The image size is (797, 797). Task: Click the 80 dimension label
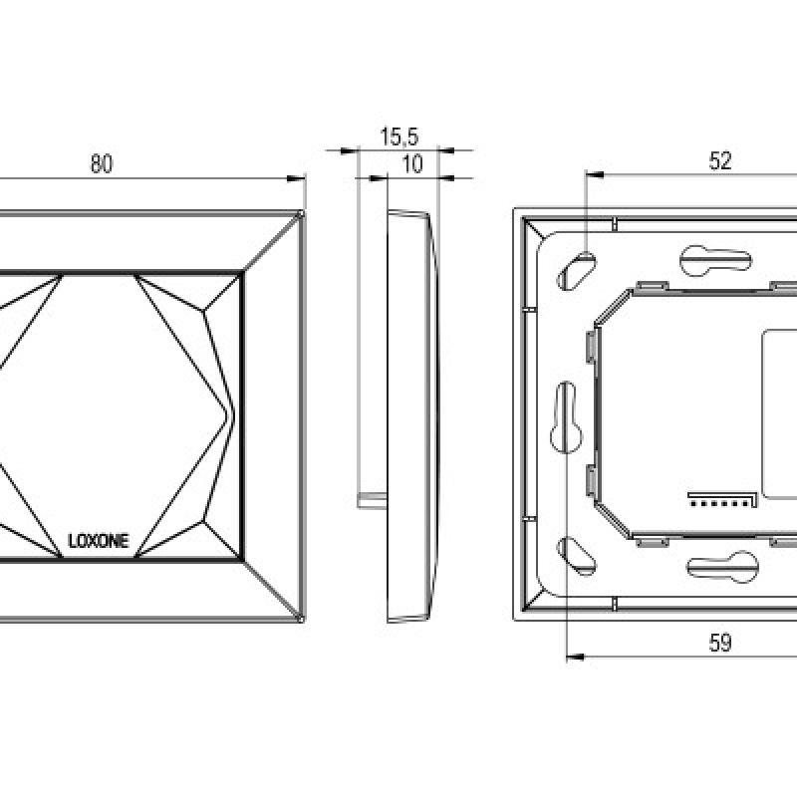point(102,163)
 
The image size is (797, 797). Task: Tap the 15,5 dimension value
point(399,136)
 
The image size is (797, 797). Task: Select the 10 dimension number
point(412,164)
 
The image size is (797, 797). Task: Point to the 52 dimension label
point(720,161)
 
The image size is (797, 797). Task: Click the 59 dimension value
point(720,643)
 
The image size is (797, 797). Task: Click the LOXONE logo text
point(99,541)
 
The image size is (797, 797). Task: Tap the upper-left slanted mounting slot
point(577,271)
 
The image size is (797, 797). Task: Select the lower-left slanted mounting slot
point(577,556)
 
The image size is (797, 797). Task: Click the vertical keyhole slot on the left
point(566,417)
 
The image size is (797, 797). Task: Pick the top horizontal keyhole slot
point(715,261)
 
